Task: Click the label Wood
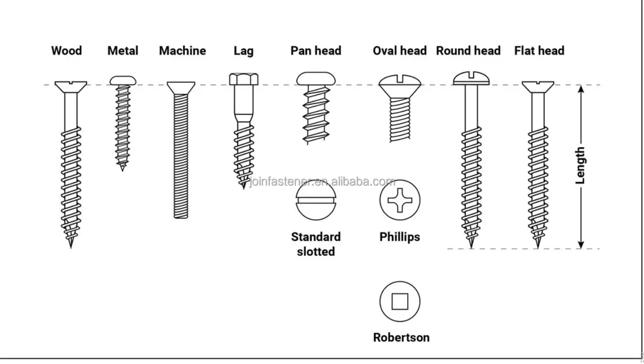pyautogui.click(x=66, y=51)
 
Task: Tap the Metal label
pyautogui.click(x=123, y=51)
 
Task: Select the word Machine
pyautogui.click(x=182, y=51)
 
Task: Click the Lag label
pyautogui.click(x=243, y=51)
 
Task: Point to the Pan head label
pyautogui.click(x=316, y=51)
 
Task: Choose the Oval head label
pyautogui.click(x=400, y=51)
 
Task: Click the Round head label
pyautogui.click(x=468, y=51)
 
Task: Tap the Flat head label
pyautogui.click(x=539, y=51)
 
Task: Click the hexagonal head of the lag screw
pyautogui.click(x=244, y=79)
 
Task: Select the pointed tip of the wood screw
pyautogui.click(x=71, y=245)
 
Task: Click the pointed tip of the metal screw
pyautogui.click(x=122, y=168)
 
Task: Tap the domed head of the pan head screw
pyautogui.click(x=316, y=78)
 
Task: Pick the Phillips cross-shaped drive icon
pyautogui.click(x=400, y=199)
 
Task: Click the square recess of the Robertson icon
pyautogui.click(x=400, y=301)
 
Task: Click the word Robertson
pyautogui.click(x=401, y=337)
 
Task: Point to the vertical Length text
pyautogui.click(x=581, y=165)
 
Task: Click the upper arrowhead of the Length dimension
pyautogui.click(x=581, y=89)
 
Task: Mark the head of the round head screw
pyautogui.click(x=471, y=77)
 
